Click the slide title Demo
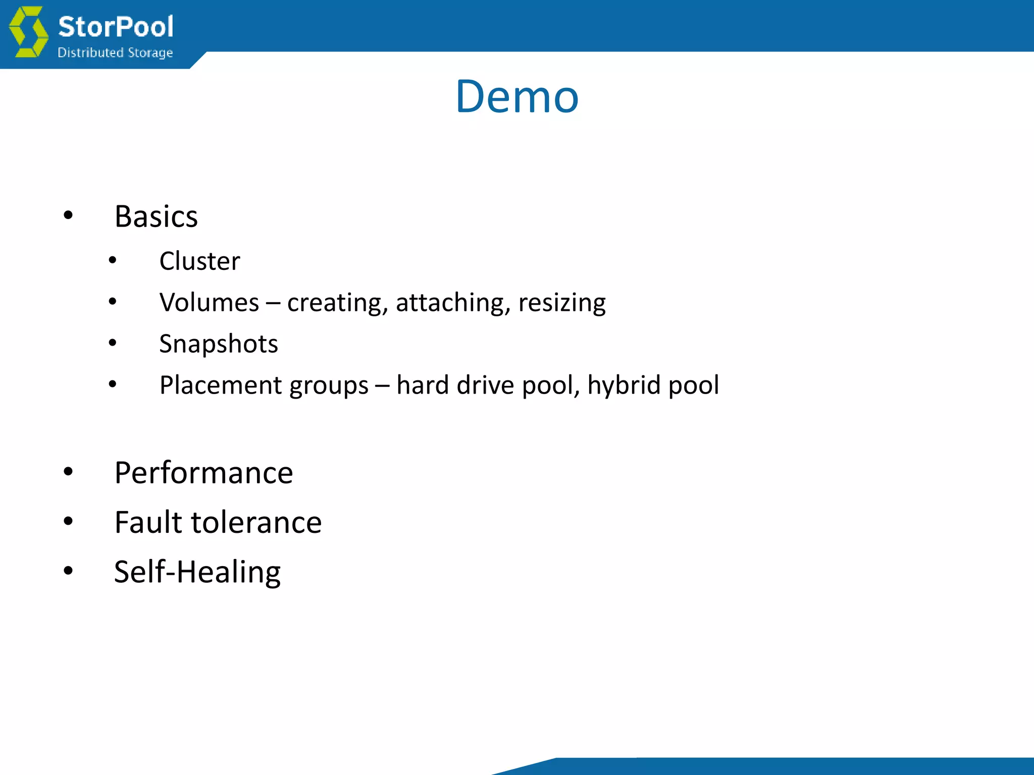(517, 96)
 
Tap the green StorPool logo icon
(29, 32)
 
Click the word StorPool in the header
(116, 26)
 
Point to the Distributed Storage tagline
(115, 52)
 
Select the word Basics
(156, 216)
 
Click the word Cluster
(199, 261)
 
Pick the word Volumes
(209, 302)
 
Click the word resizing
(562, 303)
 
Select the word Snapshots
(219, 344)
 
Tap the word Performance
(203, 473)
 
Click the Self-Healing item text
(197, 572)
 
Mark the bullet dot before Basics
(68, 216)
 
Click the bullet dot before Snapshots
(113, 343)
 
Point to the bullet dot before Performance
(68, 472)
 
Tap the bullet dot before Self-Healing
(68, 571)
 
